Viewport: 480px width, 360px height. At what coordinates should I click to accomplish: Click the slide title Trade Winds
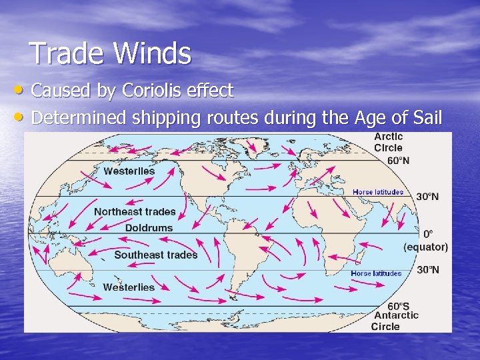tap(111, 53)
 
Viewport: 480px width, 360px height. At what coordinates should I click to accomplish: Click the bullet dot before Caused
tap(22, 90)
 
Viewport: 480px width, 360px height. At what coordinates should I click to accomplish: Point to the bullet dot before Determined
tap(22, 118)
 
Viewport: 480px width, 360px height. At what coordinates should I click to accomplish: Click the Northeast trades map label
tap(135, 212)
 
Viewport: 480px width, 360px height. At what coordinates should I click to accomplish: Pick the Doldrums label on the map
tap(149, 228)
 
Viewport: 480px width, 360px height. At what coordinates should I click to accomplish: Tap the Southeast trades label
tap(156, 255)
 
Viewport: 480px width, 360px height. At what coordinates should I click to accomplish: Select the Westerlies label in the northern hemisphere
tap(129, 171)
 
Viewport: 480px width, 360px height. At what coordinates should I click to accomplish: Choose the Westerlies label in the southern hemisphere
tap(129, 287)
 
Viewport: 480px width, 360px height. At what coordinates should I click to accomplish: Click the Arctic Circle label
tap(389, 142)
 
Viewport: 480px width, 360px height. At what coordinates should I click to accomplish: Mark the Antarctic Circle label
tap(396, 321)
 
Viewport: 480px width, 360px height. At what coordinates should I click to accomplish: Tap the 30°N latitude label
tap(427, 197)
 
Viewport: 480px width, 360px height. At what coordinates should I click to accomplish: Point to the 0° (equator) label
tap(426, 240)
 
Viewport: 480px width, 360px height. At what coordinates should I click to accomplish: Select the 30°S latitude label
tap(427, 270)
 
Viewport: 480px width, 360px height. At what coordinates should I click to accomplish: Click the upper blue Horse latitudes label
tap(377, 192)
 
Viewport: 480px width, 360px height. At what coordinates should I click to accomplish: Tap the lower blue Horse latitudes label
tap(376, 273)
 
